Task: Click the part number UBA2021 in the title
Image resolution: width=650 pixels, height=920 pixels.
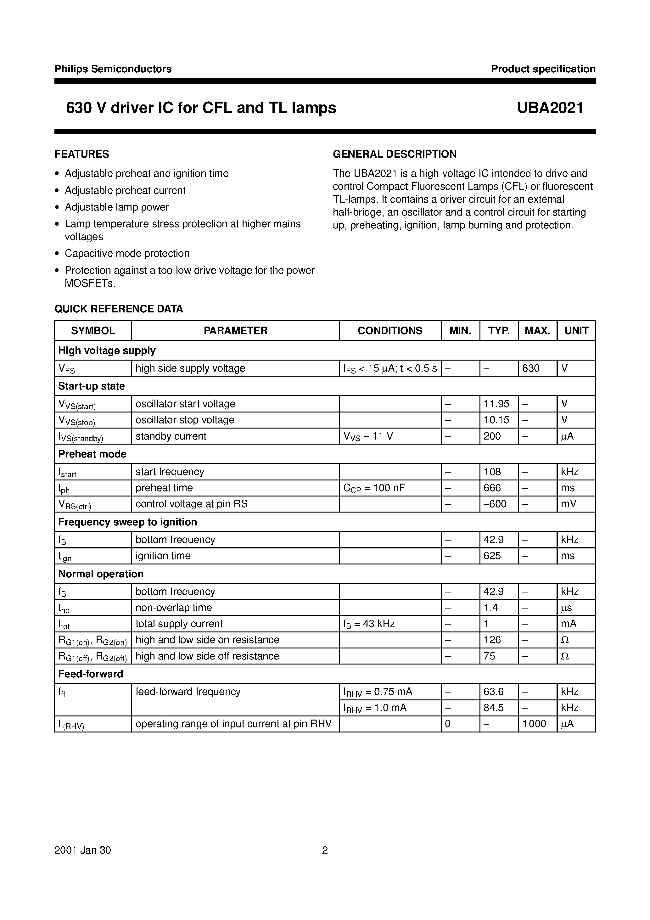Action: [550, 108]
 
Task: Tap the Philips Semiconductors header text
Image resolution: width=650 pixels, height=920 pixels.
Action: [113, 69]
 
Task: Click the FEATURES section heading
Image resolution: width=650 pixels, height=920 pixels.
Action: [82, 154]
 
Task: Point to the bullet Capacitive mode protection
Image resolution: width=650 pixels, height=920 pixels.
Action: [127, 253]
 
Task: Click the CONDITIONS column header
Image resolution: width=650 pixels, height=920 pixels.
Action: [389, 331]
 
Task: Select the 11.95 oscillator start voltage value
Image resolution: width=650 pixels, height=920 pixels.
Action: [496, 404]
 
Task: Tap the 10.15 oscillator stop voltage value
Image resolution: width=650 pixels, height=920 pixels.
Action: [496, 420]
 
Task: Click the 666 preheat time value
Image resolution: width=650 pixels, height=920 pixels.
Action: [492, 488]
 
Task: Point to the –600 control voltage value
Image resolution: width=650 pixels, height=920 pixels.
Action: [495, 504]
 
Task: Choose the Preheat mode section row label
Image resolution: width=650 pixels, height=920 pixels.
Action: [92, 454]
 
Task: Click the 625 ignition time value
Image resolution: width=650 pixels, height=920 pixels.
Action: [492, 556]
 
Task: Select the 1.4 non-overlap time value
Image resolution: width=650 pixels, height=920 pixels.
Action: [490, 608]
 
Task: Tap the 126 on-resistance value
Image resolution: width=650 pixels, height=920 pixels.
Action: [492, 640]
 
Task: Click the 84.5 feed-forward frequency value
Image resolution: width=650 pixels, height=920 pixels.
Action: [493, 708]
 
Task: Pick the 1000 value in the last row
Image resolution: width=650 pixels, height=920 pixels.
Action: [534, 724]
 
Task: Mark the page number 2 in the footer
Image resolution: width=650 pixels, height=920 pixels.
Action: [325, 850]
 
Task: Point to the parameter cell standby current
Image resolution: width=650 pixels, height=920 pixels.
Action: [171, 436]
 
